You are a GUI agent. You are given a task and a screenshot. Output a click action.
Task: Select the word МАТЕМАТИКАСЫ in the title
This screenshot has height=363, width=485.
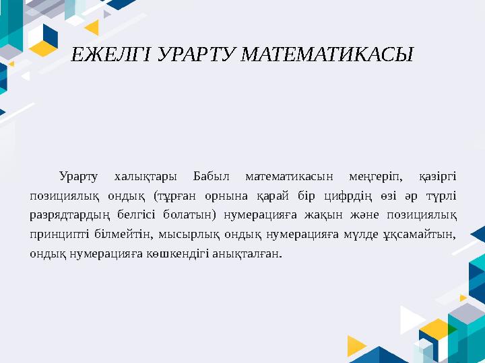328,55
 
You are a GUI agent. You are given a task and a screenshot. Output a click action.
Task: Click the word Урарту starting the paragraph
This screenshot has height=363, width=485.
78,177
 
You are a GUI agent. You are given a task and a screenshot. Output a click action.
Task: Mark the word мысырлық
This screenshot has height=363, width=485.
194,235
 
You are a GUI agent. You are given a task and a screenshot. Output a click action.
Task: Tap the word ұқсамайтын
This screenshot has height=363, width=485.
424,235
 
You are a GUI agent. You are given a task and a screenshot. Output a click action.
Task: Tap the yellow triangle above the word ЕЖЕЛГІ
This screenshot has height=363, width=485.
90,27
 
